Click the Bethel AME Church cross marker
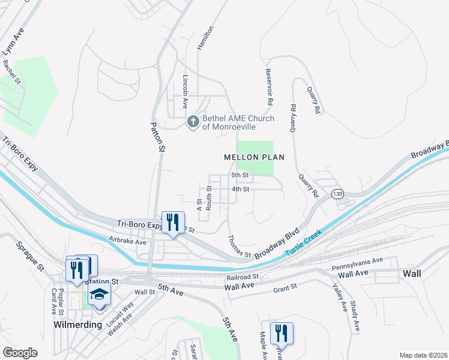[193, 122]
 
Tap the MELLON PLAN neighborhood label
[253, 157]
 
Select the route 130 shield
[337, 194]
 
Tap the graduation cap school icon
[99, 295]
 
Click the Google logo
[20, 352]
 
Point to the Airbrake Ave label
[127, 242]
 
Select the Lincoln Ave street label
[185, 89]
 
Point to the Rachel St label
[13, 71]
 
